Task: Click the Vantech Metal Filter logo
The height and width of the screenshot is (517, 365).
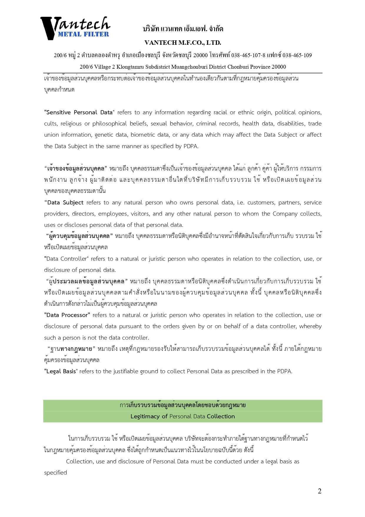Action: pos(75,28)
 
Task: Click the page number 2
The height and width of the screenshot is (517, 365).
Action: pos(319,491)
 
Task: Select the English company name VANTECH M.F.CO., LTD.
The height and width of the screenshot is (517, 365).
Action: pos(183,43)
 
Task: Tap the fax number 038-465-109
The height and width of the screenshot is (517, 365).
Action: pos(297,55)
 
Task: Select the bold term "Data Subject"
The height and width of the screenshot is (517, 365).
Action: pos(65,203)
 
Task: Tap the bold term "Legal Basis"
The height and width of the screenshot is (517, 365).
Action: pos(61,371)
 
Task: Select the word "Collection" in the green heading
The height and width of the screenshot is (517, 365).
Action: pos(221,417)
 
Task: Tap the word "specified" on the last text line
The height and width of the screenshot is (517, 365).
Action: pos(56,473)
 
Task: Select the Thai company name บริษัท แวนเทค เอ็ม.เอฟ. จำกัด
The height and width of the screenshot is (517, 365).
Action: pos(183,29)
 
